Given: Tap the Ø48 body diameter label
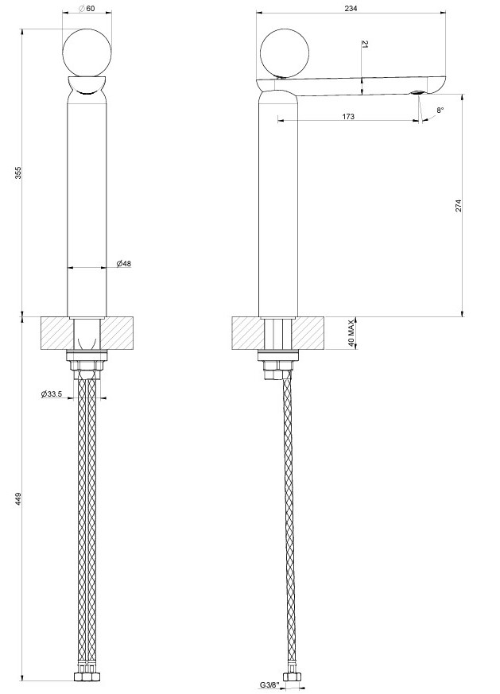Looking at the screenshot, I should pyautogui.click(x=123, y=263).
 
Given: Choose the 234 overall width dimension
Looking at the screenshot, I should pyautogui.click(x=351, y=8).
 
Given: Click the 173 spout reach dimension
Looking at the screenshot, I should pyautogui.click(x=347, y=116).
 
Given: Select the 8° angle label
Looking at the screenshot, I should pyautogui.click(x=440, y=110).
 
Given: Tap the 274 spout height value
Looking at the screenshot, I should pyautogui.click(x=459, y=204).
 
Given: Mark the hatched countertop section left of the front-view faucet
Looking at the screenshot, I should pyautogui.click(x=56, y=332).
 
